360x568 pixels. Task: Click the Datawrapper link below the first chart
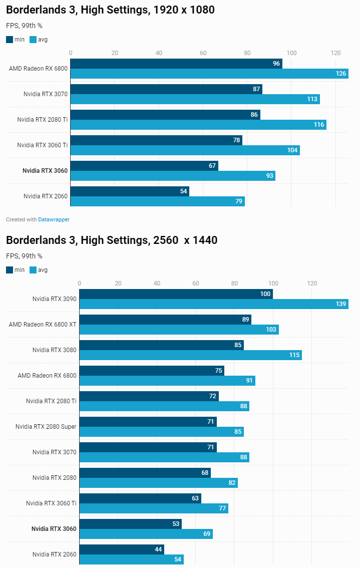point(54,219)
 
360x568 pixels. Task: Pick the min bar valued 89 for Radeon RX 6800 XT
point(165,320)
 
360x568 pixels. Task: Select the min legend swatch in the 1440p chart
point(10,270)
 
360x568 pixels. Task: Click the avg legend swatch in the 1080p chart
point(33,40)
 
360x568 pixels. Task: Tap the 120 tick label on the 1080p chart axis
point(335,53)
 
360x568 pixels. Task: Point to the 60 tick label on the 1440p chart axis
point(196,283)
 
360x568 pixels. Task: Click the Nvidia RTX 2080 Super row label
point(46,427)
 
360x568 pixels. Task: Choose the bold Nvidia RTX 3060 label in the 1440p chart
point(54,529)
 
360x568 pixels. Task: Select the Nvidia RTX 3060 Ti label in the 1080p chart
point(42,145)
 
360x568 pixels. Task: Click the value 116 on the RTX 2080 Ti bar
point(319,125)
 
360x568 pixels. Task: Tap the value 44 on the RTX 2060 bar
point(158,549)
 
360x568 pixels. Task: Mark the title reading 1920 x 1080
point(110,10)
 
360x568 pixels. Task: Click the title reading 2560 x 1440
point(112,240)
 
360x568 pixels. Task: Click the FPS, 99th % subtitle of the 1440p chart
point(24,256)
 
